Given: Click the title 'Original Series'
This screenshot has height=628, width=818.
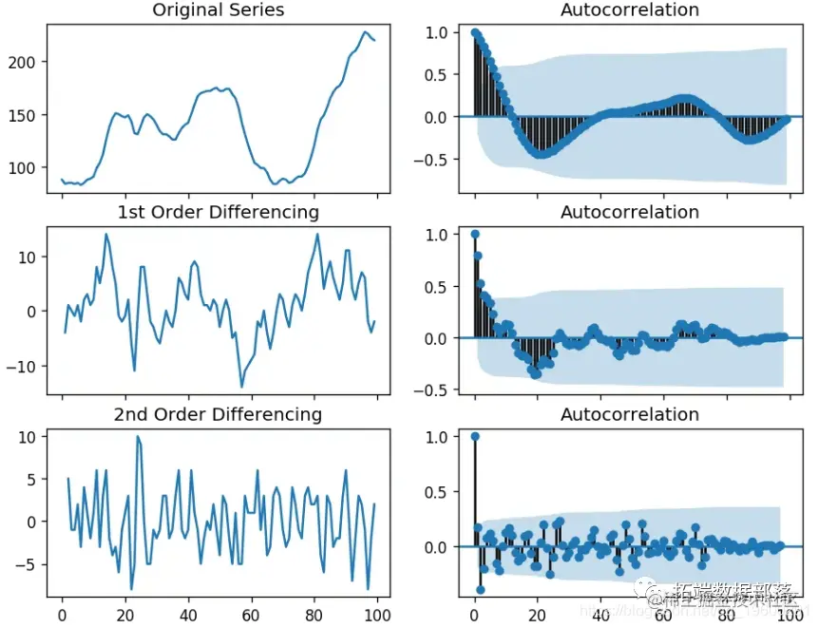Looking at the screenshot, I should [x=218, y=10].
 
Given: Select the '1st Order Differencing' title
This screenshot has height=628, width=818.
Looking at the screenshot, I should [x=218, y=212].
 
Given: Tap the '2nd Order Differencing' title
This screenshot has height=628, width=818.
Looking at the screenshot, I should [x=218, y=414].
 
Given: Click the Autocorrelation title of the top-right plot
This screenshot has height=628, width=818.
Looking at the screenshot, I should [x=630, y=10].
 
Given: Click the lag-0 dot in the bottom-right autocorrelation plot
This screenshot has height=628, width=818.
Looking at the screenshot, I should [x=475, y=437].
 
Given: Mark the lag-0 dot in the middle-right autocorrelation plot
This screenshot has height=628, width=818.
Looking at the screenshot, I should [x=475, y=234].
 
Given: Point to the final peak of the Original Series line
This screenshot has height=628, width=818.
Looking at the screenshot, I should [x=365, y=32].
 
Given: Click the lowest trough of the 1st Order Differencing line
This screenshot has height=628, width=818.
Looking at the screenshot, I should [x=241, y=387].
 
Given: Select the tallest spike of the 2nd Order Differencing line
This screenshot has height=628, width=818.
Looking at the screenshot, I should [x=138, y=437].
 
